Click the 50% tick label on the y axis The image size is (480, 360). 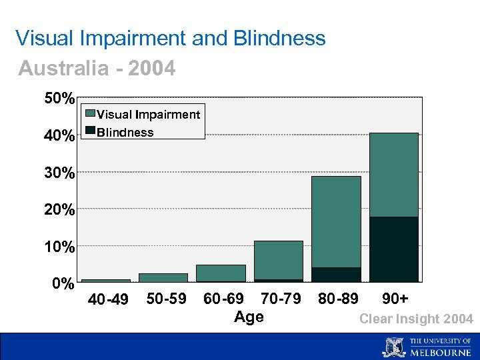pyautogui.click(x=59, y=99)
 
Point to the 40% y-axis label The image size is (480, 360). pyautogui.click(x=59, y=137)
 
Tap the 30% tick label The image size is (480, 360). pyautogui.click(x=59, y=173)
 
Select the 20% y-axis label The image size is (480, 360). pyautogui.click(x=59, y=211)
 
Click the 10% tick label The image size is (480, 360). pyautogui.click(x=59, y=247)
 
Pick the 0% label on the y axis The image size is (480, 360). pyautogui.click(x=63, y=285)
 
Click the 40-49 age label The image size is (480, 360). pyautogui.click(x=109, y=299)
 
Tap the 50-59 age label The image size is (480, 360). pyautogui.click(x=167, y=299)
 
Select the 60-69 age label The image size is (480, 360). pyautogui.click(x=223, y=298)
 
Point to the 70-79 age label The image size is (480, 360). pyautogui.click(x=281, y=298)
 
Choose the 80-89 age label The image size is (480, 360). pyautogui.click(x=338, y=298)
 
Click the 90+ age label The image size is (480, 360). pyautogui.click(x=395, y=298)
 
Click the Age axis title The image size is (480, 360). pyautogui.click(x=249, y=317)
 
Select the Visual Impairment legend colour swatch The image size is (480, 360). pyautogui.click(x=89, y=114)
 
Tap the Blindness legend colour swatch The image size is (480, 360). pyautogui.click(x=89, y=130)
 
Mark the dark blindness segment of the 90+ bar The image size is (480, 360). pyautogui.click(x=394, y=249)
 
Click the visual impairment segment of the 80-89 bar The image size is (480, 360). pyautogui.click(x=336, y=221)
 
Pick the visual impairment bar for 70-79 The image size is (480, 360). pyautogui.click(x=279, y=260)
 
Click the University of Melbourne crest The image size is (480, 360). pyautogui.click(x=394, y=347)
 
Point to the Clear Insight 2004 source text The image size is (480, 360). pyautogui.click(x=416, y=319)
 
